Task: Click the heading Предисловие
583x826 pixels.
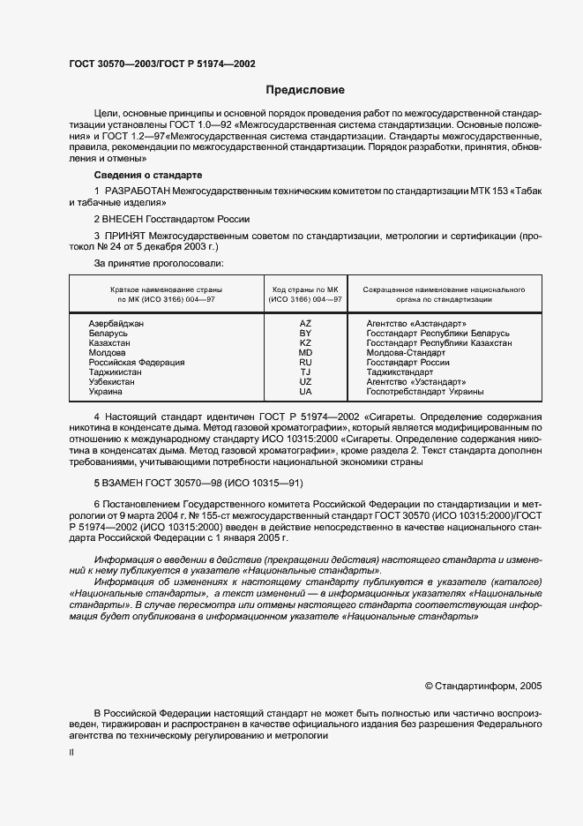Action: click(305, 90)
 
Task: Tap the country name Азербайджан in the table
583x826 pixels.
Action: click(116, 324)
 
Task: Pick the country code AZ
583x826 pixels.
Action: click(305, 324)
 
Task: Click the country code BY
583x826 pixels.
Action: click(305, 334)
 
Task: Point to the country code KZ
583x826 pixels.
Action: click(305, 343)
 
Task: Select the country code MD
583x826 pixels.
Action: click(305, 353)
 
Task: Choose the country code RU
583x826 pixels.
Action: click(305, 363)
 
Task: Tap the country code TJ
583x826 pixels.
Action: click(305, 372)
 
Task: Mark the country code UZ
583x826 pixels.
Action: click(305, 382)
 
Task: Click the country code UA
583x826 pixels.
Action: click(305, 392)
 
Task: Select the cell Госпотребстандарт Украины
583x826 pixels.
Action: click(424, 392)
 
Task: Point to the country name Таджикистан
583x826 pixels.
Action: click(115, 372)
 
